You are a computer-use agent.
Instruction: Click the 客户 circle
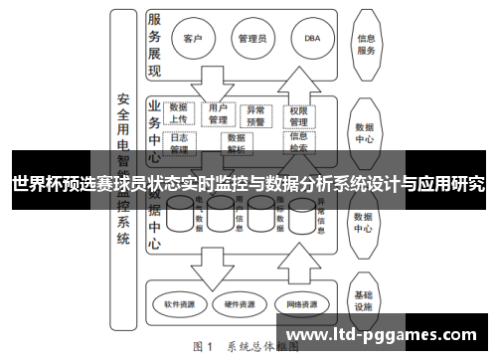pos(193,40)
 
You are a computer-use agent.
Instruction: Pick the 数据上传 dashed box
pos(180,112)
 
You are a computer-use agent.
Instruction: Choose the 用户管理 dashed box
pos(218,112)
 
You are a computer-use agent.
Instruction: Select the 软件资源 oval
pos(181,303)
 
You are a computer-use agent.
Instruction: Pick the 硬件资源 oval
pos(240,303)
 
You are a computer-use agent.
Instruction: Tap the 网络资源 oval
pos(300,303)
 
